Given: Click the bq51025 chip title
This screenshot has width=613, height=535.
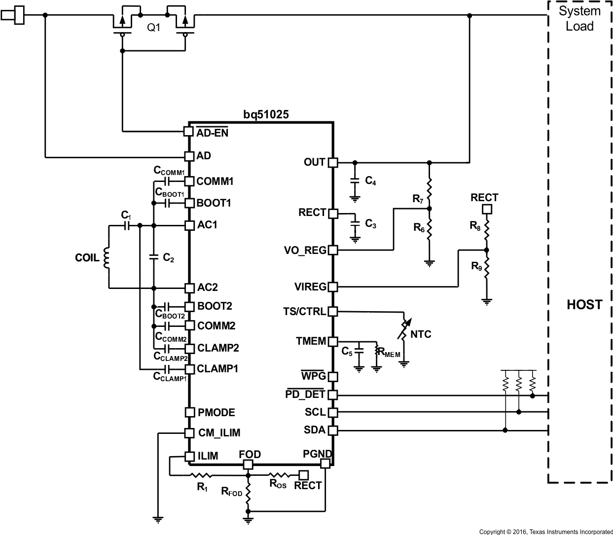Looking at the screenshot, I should click(x=266, y=114).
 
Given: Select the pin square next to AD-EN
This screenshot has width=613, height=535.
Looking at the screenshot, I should click(x=188, y=132).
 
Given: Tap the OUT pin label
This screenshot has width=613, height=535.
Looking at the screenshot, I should click(x=314, y=162).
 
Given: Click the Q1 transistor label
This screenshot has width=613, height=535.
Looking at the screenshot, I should click(x=154, y=28).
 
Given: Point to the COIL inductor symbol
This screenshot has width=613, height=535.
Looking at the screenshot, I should click(x=106, y=258).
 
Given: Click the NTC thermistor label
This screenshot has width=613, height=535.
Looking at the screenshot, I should click(x=421, y=334).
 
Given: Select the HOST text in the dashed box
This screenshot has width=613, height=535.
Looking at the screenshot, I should click(x=584, y=305).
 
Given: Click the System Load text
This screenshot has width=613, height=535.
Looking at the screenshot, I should click(x=579, y=18).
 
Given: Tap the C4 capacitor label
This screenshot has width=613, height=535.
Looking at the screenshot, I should click(x=370, y=181).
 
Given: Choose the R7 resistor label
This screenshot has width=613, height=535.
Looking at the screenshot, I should click(x=418, y=199).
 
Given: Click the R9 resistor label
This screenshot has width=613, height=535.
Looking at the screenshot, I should click(x=476, y=267).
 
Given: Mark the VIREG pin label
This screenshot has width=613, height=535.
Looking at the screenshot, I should click(x=310, y=286).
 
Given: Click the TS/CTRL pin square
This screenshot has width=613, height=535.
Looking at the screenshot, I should click(x=333, y=312).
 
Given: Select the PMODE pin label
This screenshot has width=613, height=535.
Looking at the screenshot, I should click(x=216, y=412).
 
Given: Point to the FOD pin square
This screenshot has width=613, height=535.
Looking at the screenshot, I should click(x=248, y=464).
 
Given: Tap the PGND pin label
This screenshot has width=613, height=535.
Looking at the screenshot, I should click(x=317, y=454).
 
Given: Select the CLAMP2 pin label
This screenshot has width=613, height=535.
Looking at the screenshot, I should click(x=218, y=348).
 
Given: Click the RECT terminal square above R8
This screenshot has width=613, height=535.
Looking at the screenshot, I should click(x=487, y=210).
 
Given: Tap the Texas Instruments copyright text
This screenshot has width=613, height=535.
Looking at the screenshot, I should click(x=545, y=532).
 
